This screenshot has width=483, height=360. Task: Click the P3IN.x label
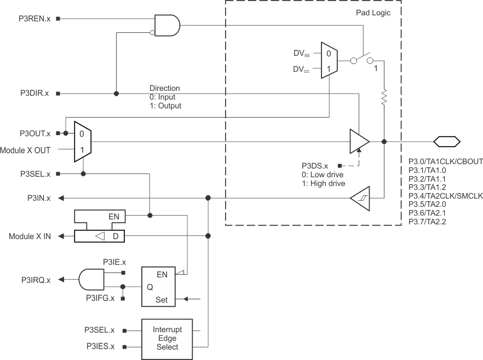38,198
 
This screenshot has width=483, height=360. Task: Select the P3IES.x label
99,346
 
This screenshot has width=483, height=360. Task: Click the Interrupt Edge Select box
167,339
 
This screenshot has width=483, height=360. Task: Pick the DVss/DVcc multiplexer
329,61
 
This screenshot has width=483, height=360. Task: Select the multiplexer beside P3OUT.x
82,142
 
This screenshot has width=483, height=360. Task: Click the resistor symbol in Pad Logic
384,98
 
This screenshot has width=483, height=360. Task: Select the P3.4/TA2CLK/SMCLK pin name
445,195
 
